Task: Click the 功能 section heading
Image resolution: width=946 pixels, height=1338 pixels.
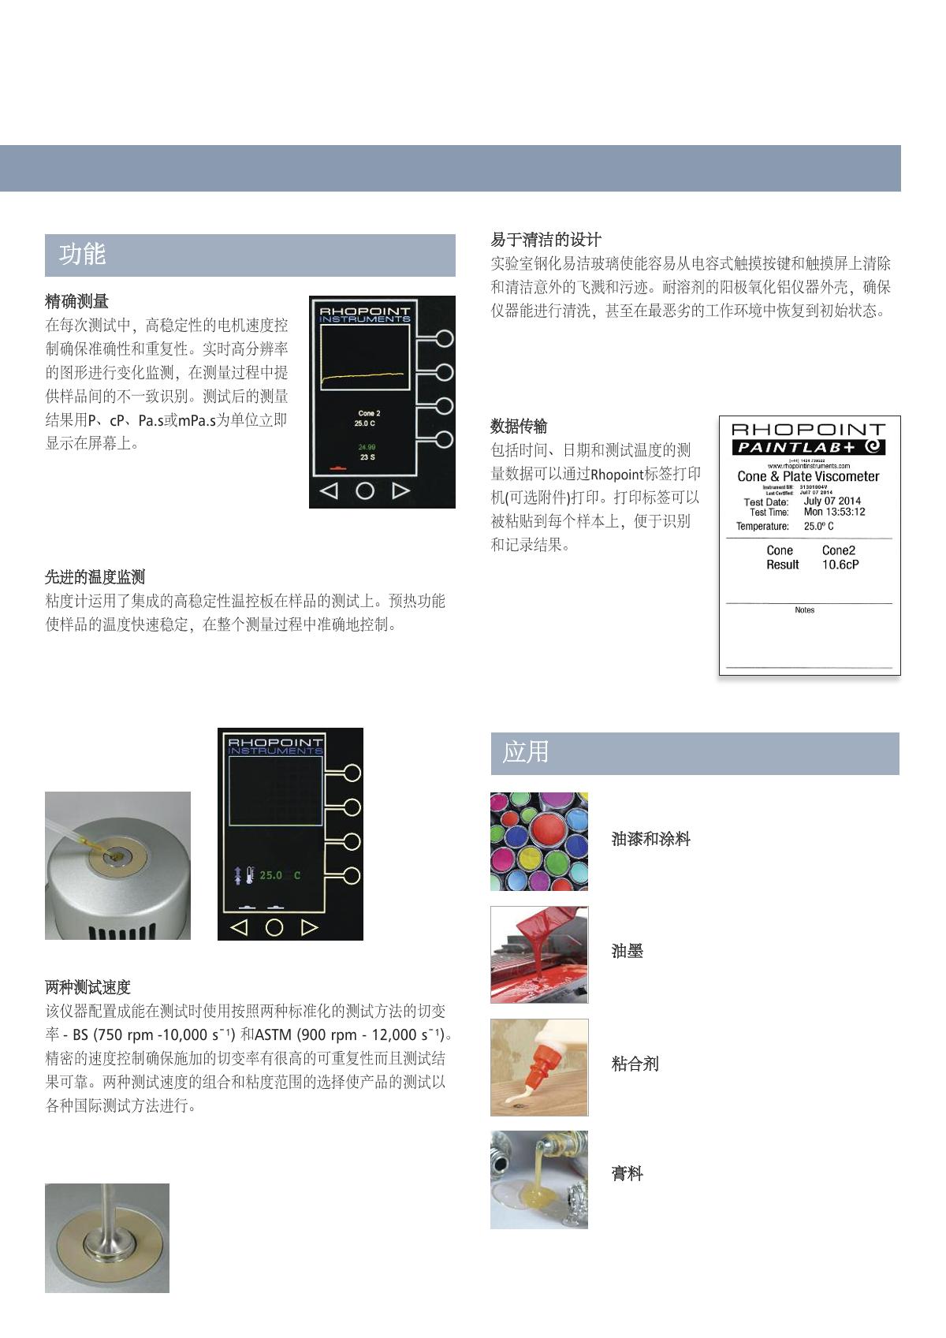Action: point(83,255)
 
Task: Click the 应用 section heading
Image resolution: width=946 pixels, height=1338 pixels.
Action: point(526,752)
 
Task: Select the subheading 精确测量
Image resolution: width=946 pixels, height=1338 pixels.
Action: point(77,301)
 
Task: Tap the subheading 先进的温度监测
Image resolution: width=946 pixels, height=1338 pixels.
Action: point(95,577)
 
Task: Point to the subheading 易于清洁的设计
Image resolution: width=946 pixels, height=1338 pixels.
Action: point(546,240)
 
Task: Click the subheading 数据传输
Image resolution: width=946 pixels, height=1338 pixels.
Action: point(519,427)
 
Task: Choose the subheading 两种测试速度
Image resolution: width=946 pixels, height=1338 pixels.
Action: point(88,987)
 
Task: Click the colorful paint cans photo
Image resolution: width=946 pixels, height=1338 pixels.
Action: point(539,841)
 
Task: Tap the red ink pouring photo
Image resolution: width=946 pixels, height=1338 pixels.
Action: point(539,954)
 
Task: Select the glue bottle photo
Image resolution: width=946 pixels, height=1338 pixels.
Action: point(539,1067)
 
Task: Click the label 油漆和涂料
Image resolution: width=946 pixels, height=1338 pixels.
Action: point(651,839)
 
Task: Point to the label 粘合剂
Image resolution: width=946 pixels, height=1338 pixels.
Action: point(635,1064)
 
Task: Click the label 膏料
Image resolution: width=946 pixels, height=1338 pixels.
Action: point(628,1174)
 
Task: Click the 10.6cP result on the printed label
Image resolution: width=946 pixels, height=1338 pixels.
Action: point(840,565)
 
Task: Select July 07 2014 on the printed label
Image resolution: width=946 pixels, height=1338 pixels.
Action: point(832,501)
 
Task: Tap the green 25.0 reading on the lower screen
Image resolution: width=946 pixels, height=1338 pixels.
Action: point(271,875)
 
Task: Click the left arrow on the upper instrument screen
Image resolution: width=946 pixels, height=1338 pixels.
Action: point(329,490)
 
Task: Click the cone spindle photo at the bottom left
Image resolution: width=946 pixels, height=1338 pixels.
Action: point(107,1237)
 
